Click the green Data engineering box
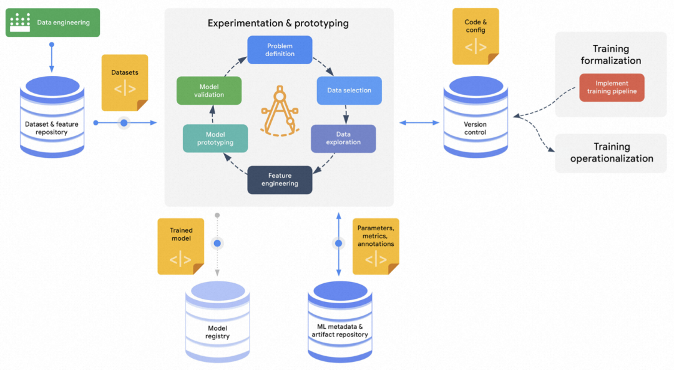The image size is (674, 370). click(52, 22)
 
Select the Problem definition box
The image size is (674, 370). click(280, 50)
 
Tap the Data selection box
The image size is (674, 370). click(349, 90)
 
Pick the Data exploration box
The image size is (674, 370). click(343, 139)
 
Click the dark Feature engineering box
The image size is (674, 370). click(280, 180)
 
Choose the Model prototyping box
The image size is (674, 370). click(215, 139)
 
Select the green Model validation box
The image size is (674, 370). click(208, 90)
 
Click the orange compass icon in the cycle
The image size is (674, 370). click(280, 113)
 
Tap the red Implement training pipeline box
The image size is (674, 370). click(612, 87)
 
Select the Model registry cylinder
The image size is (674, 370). click(217, 324)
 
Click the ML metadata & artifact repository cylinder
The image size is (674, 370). click(340, 324)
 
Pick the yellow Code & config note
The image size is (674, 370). click(476, 36)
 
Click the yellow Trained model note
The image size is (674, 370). click(181, 246)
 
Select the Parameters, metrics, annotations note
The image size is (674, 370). click(376, 246)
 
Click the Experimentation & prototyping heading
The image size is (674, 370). click(278, 24)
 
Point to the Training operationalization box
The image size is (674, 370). click(612, 153)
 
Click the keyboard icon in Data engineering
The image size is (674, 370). click(21, 22)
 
